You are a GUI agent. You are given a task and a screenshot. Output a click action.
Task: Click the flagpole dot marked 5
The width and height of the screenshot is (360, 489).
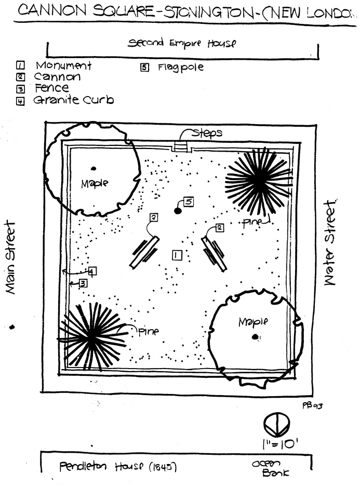(x=178, y=211)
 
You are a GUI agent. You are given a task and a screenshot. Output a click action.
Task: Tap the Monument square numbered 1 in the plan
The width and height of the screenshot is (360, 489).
(x=177, y=255)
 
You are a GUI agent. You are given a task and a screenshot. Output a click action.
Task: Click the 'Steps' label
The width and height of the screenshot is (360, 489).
(x=207, y=133)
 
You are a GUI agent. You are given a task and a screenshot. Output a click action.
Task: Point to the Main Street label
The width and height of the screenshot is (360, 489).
(x=11, y=257)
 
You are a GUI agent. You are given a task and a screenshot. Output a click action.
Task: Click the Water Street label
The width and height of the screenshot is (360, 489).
(x=330, y=242)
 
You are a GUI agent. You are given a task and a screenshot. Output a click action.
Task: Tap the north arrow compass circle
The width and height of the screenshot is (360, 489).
(x=276, y=425)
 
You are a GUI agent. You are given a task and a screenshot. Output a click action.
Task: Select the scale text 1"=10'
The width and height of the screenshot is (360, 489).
(x=280, y=444)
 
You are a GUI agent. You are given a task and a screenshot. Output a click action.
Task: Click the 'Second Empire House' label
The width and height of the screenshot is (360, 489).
(x=182, y=43)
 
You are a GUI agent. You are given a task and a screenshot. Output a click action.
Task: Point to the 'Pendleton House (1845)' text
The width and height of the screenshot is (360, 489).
(x=118, y=467)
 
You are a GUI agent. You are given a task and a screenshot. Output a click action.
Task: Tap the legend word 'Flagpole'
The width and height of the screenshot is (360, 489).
(x=181, y=67)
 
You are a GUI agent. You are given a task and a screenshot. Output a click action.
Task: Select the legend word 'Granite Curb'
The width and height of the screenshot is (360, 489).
(x=74, y=100)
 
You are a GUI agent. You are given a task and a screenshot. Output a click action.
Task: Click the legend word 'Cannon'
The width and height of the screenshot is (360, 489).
(x=57, y=77)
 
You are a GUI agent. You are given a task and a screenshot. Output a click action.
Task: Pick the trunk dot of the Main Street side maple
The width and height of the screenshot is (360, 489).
(x=94, y=169)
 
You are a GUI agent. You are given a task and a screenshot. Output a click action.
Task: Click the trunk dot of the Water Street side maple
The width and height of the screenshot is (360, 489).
(x=255, y=336)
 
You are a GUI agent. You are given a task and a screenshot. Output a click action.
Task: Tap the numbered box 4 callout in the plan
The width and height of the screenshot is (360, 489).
(x=92, y=271)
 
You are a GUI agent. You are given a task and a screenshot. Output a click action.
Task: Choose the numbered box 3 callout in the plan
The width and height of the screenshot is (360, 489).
(x=83, y=283)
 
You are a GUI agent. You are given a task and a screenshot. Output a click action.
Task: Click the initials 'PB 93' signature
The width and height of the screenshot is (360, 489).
(x=312, y=405)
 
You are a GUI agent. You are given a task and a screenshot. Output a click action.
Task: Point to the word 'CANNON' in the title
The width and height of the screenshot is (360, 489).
(x=52, y=10)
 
